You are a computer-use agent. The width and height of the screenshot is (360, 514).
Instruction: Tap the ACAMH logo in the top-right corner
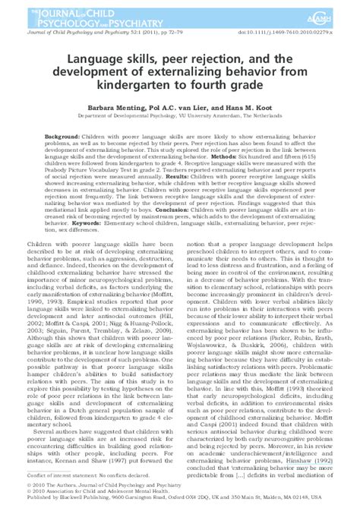point(330,11)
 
